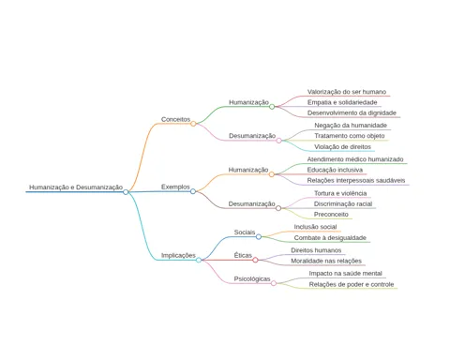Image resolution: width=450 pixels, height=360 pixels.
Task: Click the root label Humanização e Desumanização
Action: point(76,187)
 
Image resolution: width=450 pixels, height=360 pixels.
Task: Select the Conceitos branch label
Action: point(175,119)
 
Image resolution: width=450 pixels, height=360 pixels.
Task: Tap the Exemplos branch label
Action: point(175,187)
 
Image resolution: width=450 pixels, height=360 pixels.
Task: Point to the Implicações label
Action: point(178,255)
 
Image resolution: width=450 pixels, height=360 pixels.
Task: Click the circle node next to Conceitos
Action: point(193,124)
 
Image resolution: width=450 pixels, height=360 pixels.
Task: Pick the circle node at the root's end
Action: point(126,192)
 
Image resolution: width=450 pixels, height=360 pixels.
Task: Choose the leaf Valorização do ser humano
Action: point(347,92)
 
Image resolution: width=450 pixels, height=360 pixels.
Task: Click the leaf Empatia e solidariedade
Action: point(342,102)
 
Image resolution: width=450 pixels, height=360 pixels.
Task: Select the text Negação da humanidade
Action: point(351,126)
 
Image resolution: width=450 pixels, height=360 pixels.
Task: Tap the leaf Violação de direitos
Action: point(342,147)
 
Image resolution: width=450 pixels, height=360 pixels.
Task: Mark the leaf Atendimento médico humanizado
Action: point(355,159)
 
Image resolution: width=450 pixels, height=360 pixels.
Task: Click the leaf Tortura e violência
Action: point(340,193)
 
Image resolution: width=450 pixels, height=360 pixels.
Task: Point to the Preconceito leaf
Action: point(331,215)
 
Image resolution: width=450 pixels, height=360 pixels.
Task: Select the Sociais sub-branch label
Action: point(245,232)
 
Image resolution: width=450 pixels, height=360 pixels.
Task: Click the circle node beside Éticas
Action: point(255,260)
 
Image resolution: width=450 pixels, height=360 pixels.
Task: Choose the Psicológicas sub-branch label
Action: point(252,279)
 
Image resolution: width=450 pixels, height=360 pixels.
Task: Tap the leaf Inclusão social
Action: point(315,227)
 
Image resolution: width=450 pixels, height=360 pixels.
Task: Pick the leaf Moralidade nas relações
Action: point(326,261)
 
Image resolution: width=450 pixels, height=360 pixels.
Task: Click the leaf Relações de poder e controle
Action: point(352,284)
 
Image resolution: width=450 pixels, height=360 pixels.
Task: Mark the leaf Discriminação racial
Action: point(343,204)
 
